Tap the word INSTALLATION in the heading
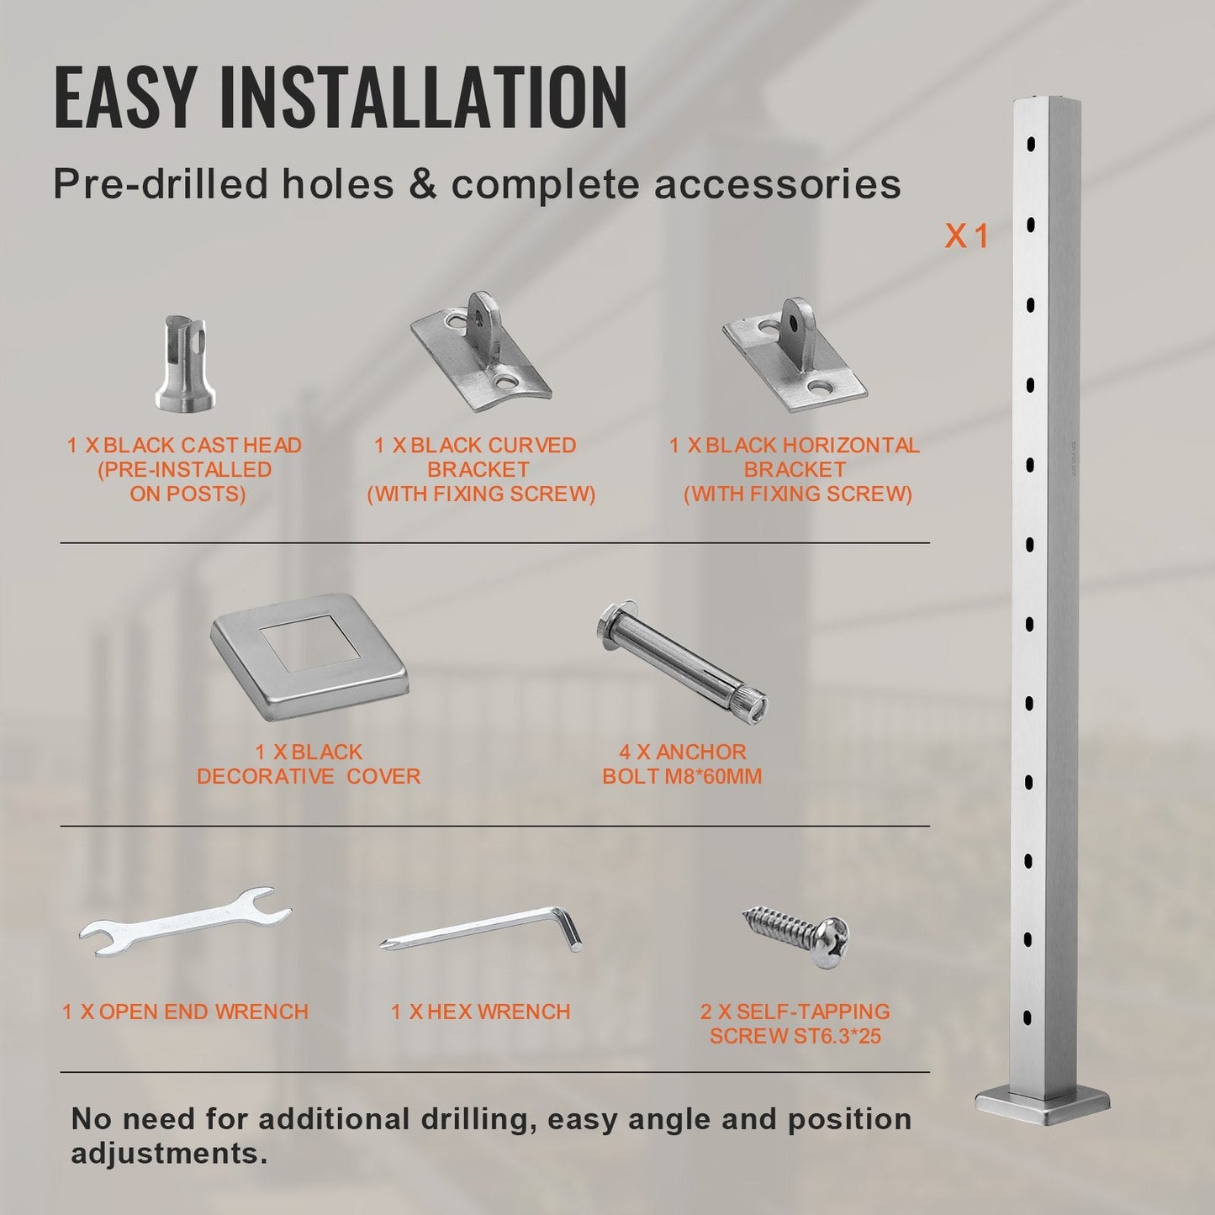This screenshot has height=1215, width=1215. pos(423,97)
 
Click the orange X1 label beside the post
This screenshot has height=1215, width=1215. pos(966,236)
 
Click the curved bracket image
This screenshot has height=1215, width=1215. pos(481,354)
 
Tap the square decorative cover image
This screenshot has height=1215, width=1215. pos(309,657)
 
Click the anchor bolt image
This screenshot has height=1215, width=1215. pos(682,659)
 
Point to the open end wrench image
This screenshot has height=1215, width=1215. pos(185,922)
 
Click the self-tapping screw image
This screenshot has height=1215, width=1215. pos(795,937)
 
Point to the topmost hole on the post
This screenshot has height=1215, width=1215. pos(1031,145)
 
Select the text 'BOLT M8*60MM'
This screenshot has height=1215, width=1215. pos(682,776)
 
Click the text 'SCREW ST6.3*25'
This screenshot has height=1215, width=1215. pos(795,1036)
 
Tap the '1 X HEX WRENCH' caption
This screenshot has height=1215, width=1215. pos(480,1012)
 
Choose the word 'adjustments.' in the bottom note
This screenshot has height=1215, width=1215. pos(169,1155)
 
